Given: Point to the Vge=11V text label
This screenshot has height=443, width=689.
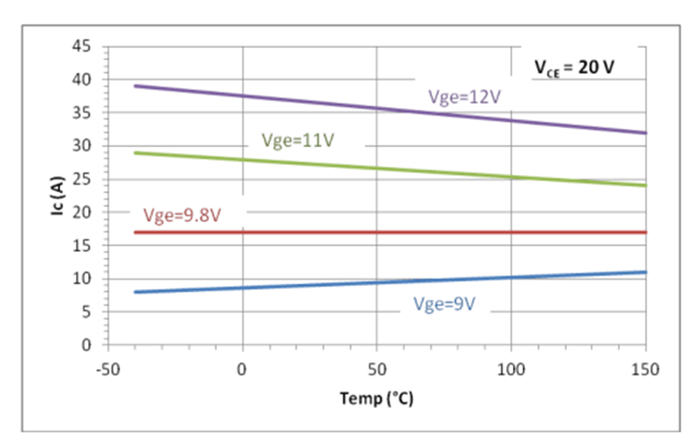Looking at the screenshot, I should [x=299, y=140].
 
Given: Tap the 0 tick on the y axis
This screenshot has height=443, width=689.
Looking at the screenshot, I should [x=91, y=346].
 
